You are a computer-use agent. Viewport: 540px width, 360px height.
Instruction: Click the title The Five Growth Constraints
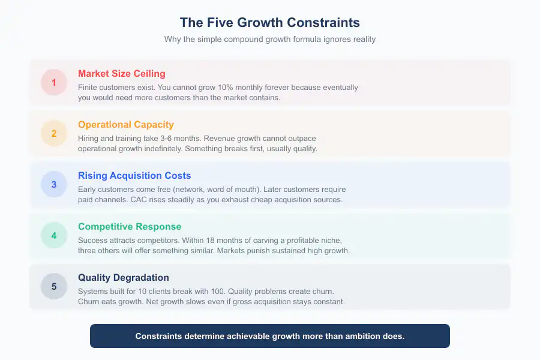pyautogui.click(x=270, y=23)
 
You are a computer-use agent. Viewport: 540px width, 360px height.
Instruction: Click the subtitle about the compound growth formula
pyautogui.click(x=270, y=39)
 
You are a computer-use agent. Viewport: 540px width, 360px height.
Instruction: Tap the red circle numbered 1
pyautogui.click(x=54, y=82)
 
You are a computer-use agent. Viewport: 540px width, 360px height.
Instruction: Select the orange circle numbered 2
pyautogui.click(x=54, y=133)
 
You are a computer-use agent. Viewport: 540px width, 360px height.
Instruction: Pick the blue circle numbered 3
pyautogui.click(x=54, y=184)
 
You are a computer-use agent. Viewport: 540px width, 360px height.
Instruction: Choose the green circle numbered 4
pyautogui.click(x=54, y=235)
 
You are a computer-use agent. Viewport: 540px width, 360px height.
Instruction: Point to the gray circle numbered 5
pyautogui.click(x=54, y=286)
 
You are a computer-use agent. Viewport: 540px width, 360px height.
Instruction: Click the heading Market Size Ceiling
pyautogui.click(x=122, y=73)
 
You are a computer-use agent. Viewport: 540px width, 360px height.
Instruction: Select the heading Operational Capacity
pyautogui.click(x=126, y=124)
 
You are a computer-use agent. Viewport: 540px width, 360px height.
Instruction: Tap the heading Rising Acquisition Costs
pyautogui.click(x=134, y=175)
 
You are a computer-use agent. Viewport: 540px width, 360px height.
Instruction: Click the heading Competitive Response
pyautogui.click(x=130, y=226)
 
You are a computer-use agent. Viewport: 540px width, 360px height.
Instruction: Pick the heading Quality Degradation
pyautogui.click(x=124, y=277)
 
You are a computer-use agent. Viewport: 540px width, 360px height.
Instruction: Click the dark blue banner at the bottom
pyautogui.click(x=270, y=336)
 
